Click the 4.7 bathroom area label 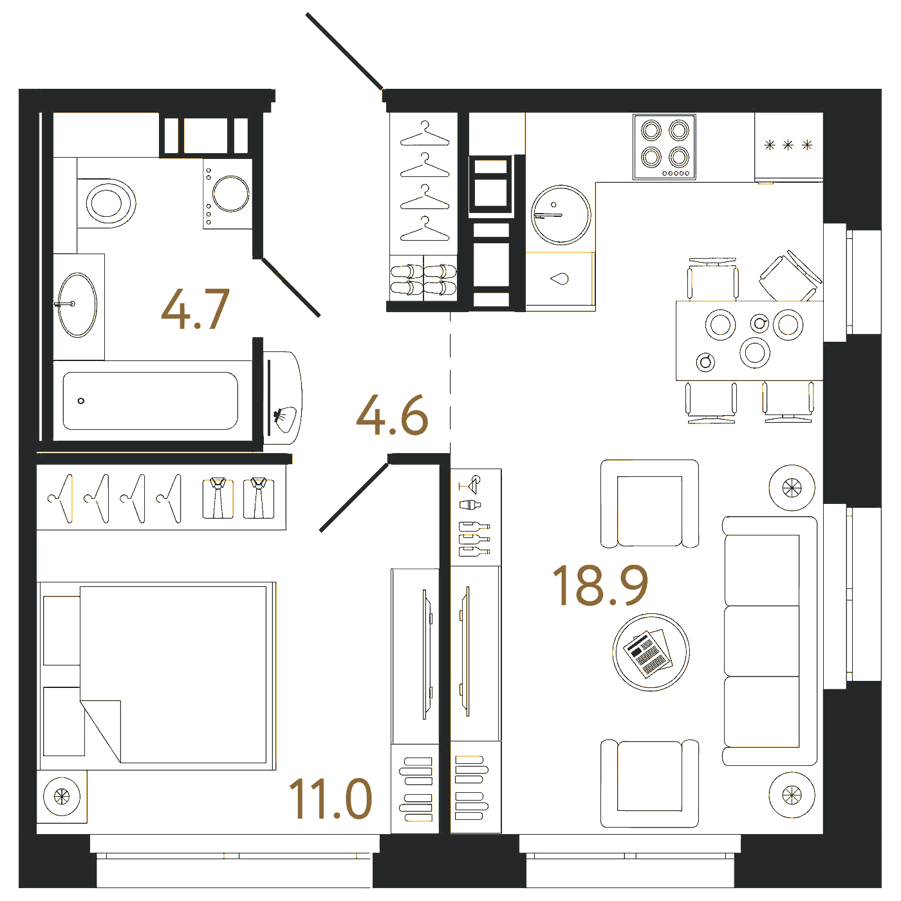[x=196, y=309]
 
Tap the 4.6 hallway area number [x=392, y=414]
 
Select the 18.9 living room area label [x=600, y=585]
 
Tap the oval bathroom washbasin [x=77, y=305]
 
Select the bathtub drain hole [x=81, y=401]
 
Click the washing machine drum [x=230, y=194]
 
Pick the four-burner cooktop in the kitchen [x=664, y=147]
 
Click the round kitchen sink [x=561, y=215]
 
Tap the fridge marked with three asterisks [x=788, y=147]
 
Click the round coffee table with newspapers [x=651, y=652]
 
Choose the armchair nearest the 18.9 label [x=649, y=503]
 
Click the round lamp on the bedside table [x=62, y=796]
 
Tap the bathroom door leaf [x=291, y=287]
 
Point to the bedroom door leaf [x=354, y=497]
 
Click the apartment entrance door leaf [x=345, y=51]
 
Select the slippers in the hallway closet [x=423, y=280]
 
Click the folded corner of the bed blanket [x=100, y=731]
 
